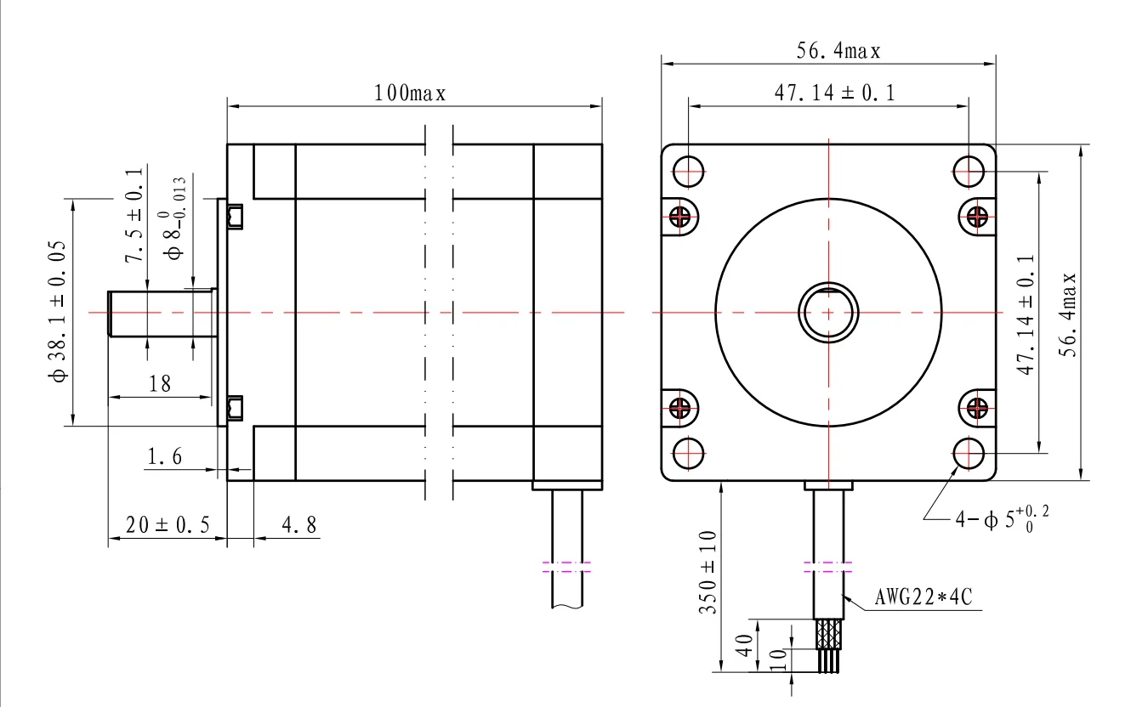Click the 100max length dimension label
tap(410, 93)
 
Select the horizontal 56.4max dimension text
tap(838, 51)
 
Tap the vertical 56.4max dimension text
tap(1068, 315)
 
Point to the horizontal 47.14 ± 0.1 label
tap(834, 93)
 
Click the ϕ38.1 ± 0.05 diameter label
tap(58, 311)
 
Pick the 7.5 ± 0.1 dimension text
tap(134, 216)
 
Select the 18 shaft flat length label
tap(159, 383)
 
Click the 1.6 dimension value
tap(164, 456)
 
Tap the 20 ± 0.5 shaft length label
tap(168, 525)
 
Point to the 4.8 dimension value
tap(299, 525)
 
